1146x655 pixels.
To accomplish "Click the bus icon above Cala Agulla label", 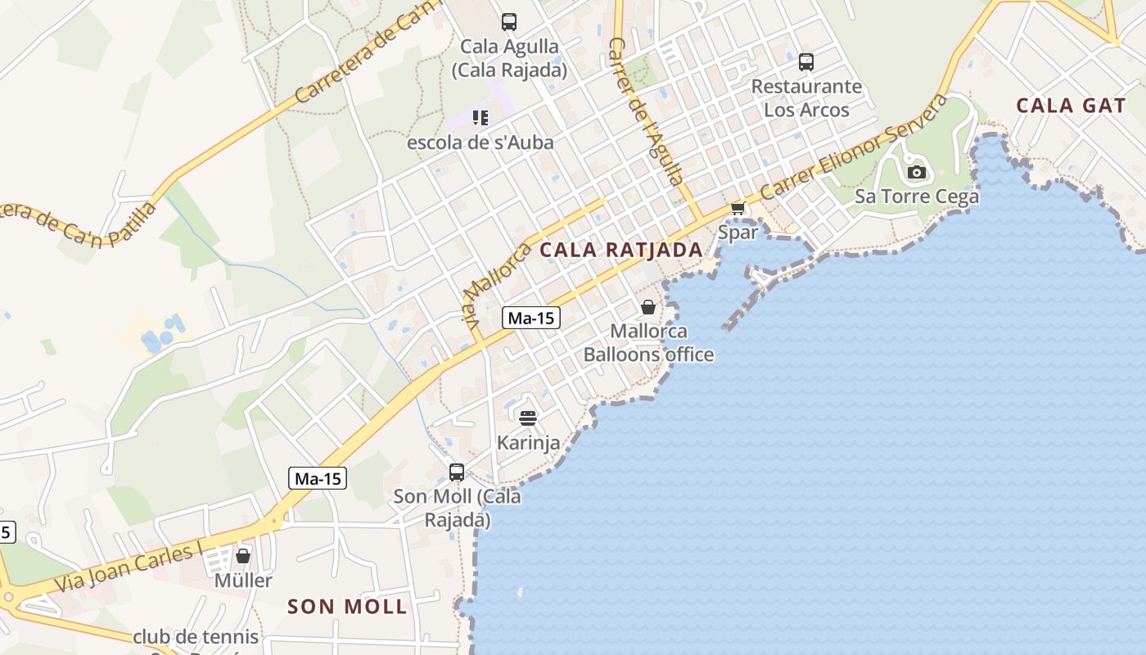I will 509,22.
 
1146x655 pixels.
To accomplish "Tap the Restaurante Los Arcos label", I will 806,98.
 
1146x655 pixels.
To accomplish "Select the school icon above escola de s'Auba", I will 481,118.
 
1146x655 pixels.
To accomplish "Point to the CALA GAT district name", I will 1060,106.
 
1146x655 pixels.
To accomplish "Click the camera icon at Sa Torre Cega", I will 917,172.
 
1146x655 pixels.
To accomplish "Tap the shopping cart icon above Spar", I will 738,209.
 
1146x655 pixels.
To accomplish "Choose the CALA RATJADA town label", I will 622,251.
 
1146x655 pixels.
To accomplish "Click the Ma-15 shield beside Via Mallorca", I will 531,318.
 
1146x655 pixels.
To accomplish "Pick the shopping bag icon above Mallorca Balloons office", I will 648,307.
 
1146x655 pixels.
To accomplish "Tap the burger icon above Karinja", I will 528,418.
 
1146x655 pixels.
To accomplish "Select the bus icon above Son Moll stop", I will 457,472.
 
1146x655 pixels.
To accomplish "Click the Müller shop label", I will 243,580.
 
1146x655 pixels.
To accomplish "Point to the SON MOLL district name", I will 347,607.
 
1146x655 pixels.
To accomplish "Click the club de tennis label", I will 196,636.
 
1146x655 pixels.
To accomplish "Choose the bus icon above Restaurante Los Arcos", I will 806,61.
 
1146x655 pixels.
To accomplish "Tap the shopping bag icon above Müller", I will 243,556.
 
